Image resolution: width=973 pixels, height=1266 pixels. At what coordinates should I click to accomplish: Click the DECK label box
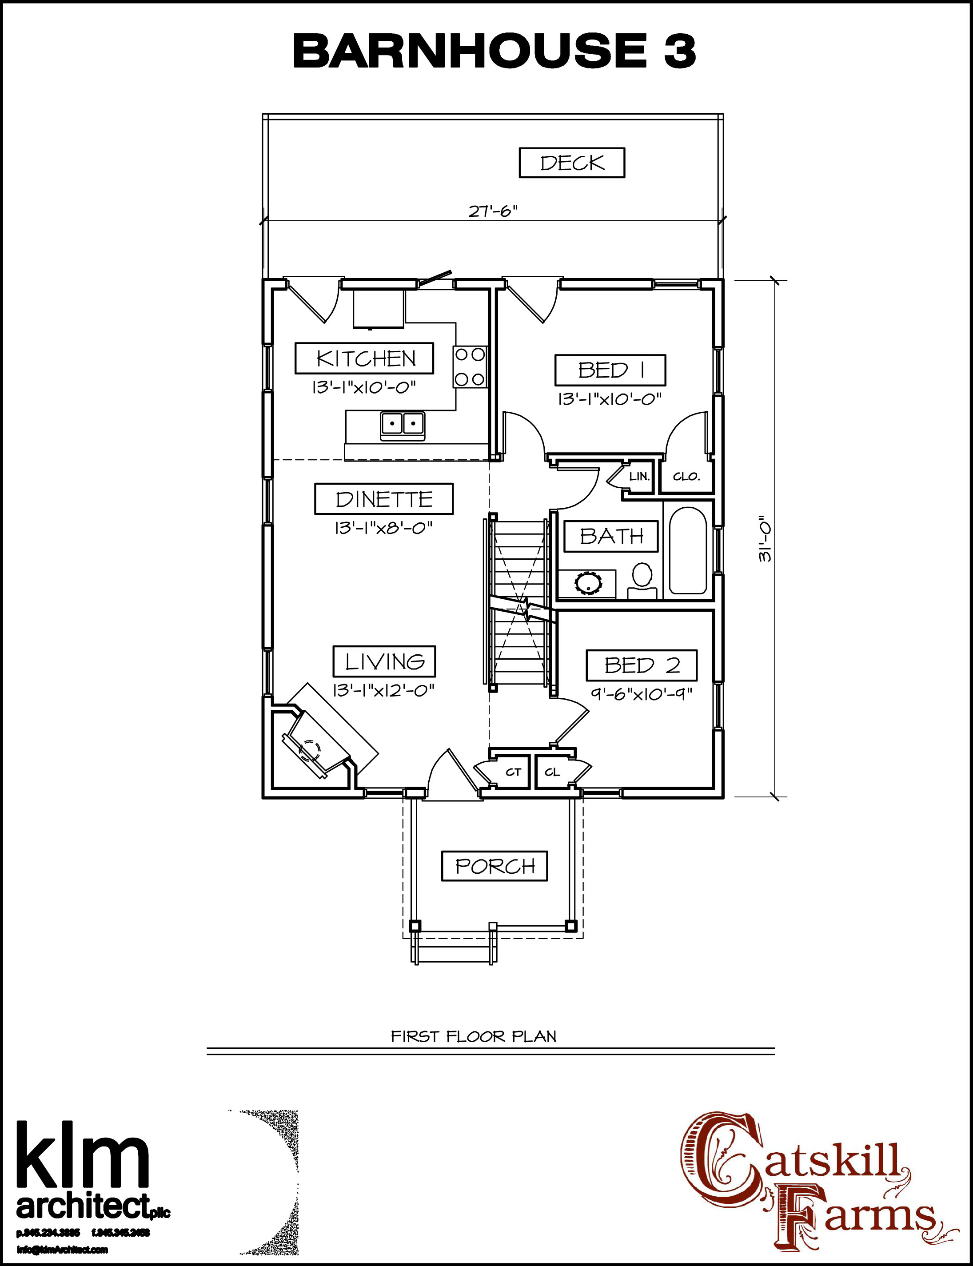572,163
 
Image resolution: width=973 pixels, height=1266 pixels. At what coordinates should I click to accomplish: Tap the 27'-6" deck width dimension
492,211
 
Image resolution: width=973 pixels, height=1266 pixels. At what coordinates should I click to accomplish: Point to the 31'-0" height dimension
765,538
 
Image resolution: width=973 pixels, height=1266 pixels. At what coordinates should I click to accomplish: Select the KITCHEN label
365,358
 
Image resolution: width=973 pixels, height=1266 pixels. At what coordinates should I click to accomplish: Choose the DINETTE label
384,499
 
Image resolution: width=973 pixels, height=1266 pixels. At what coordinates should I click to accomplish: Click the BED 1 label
610,370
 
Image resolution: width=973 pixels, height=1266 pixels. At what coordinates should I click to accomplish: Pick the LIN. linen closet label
639,477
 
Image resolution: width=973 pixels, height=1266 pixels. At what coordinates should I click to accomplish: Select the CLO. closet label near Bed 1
686,477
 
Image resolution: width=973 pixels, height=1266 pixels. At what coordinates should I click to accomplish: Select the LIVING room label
384,661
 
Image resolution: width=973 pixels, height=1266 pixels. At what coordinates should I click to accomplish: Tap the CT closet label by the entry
513,772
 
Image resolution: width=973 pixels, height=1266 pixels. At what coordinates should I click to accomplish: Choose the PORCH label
494,866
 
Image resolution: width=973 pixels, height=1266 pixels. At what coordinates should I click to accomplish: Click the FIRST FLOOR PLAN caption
473,1036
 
